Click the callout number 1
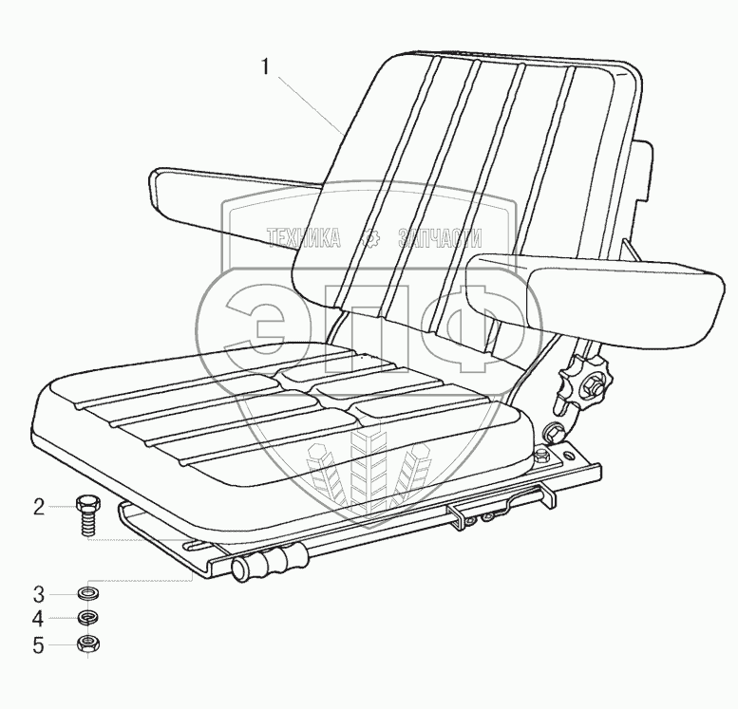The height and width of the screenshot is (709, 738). point(267,67)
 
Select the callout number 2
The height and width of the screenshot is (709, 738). point(39,507)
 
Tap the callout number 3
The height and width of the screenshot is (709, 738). point(39,595)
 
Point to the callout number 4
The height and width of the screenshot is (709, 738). point(39,620)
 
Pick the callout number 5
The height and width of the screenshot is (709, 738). point(39,645)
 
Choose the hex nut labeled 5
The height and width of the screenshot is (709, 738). point(89,645)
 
